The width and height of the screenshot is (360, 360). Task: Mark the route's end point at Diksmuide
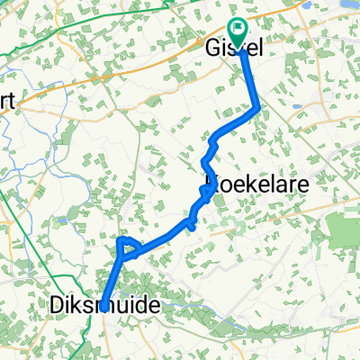(x=105, y=305)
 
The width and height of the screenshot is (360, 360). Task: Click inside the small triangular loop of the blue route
(x=127, y=246)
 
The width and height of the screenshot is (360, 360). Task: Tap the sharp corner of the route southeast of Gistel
(x=259, y=109)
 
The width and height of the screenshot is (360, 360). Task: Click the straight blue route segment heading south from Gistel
(x=251, y=81)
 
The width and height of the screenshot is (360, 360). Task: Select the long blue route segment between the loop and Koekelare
(x=162, y=238)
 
